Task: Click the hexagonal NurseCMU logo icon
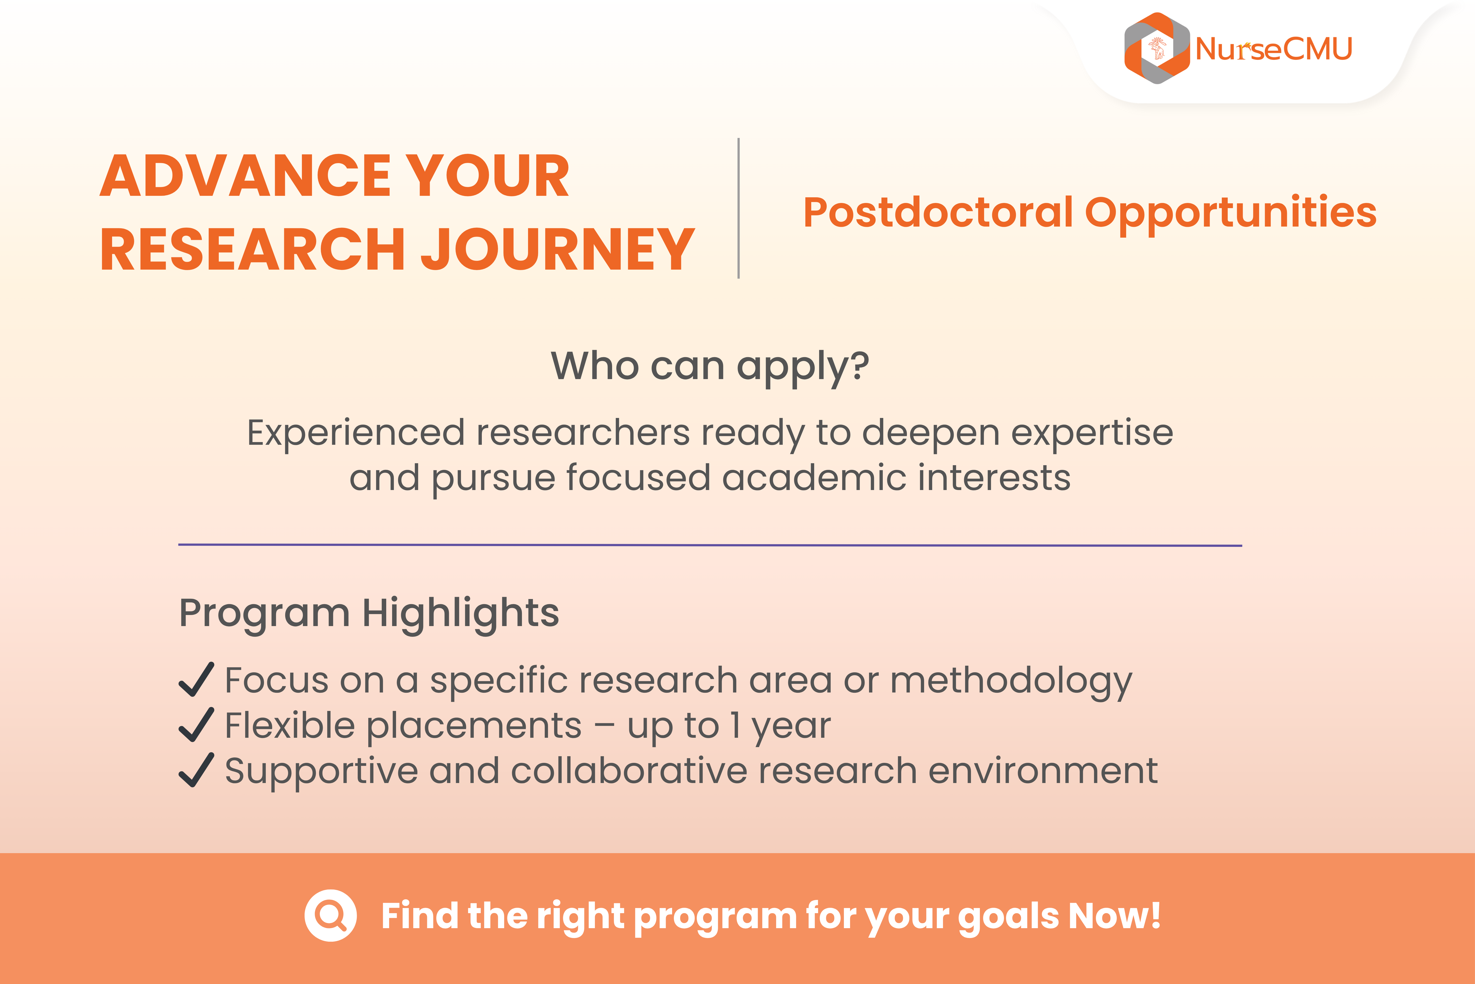[x=1157, y=48]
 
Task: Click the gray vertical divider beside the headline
[x=739, y=208]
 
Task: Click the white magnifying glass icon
[x=330, y=916]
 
